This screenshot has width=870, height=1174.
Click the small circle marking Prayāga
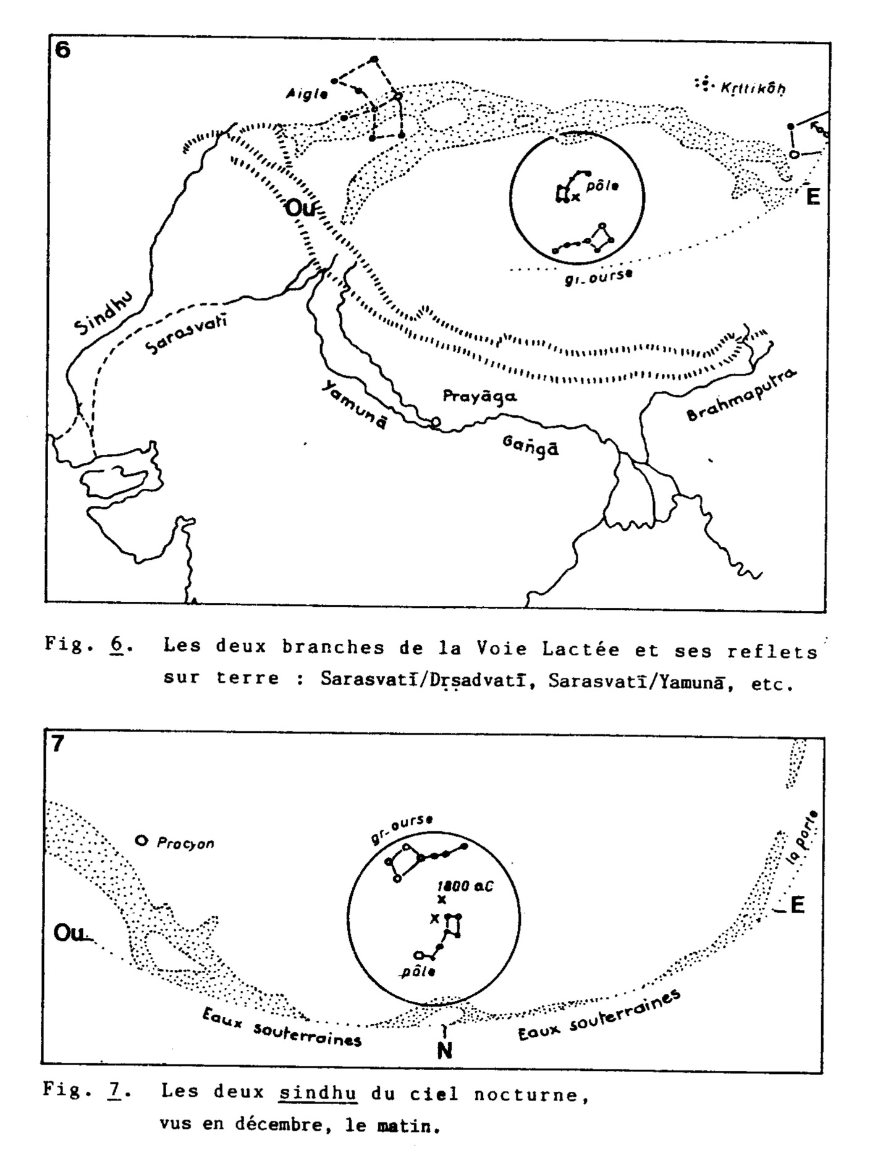pos(436,422)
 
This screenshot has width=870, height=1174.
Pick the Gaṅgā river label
pos(530,446)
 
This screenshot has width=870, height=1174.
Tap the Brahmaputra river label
pos(742,396)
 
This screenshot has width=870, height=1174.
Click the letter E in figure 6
pos(813,197)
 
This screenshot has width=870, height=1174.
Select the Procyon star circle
pos(141,840)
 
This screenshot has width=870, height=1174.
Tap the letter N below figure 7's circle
pos(444,1050)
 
